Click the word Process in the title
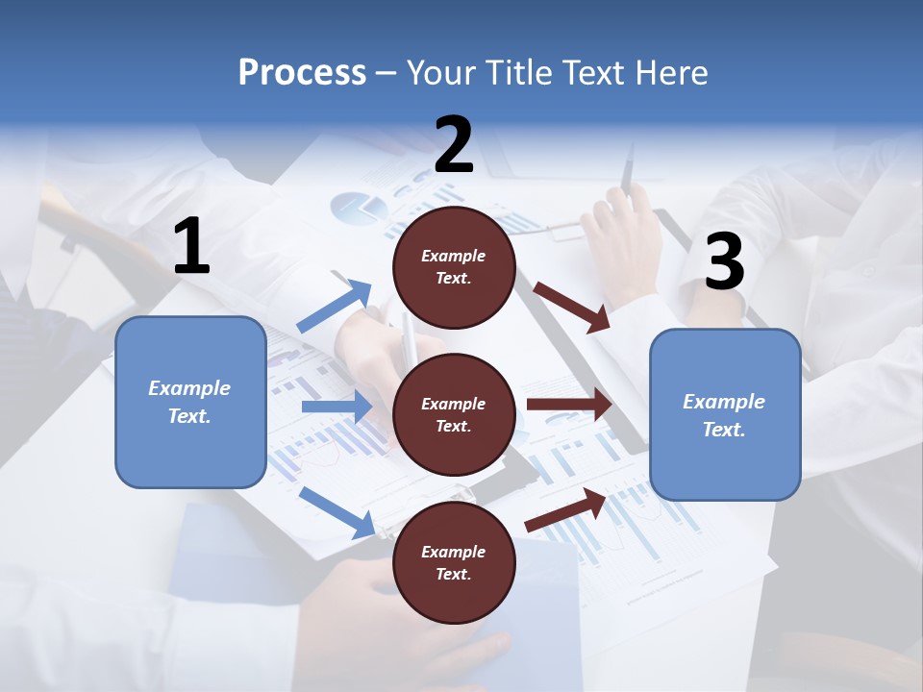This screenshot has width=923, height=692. [x=302, y=73]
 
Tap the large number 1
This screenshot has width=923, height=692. [x=191, y=247]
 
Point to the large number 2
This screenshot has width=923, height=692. [x=454, y=145]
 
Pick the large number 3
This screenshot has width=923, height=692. [x=724, y=262]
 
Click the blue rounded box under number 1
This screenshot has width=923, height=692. [x=190, y=402]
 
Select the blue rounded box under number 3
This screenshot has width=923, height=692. [x=725, y=414]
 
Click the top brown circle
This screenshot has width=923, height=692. [x=454, y=267]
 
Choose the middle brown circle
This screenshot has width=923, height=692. [x=454, y=414]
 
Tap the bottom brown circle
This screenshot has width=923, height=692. [x=454, y=562]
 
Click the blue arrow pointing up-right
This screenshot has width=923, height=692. [x=335, y=307]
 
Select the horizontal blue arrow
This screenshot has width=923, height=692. [x=337, y=407]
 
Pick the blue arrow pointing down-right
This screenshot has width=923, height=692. [x=337, y=512]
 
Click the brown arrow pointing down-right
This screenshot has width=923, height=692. [x=572, y=307]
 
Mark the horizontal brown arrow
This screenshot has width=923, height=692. [x=569, y=405]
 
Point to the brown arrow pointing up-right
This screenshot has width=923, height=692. [x=565, y=510]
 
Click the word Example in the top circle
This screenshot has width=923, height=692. [x=454, y=257]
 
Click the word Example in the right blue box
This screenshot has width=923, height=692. [x=724, y=402]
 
